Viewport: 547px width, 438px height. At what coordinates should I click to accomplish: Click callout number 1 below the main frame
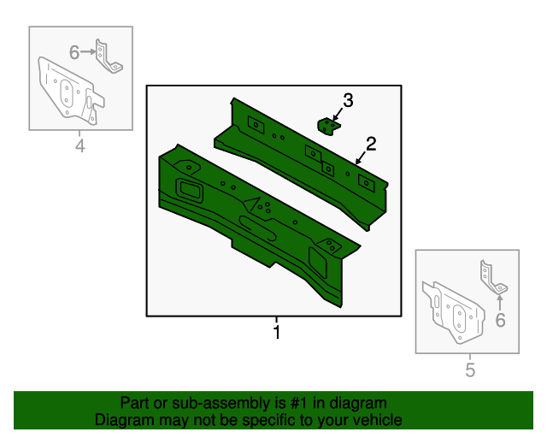[x=276, y=331]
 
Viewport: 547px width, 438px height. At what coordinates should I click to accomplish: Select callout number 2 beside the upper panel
[x=371, y=143]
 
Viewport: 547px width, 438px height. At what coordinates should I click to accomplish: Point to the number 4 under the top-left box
[x=80, y=146]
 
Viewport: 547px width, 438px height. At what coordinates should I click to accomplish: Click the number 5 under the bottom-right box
[x=469, y=370]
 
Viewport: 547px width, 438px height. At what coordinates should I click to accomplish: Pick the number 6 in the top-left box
[x=74, y=53]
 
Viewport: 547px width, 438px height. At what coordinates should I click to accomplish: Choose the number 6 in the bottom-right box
[x=501, y=320]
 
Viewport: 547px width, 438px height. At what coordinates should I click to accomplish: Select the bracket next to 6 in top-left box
[x=106, y=56]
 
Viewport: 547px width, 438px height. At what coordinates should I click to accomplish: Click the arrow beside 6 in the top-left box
[x=89, y=53]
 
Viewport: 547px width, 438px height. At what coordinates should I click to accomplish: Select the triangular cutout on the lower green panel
[x=253, y=204]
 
